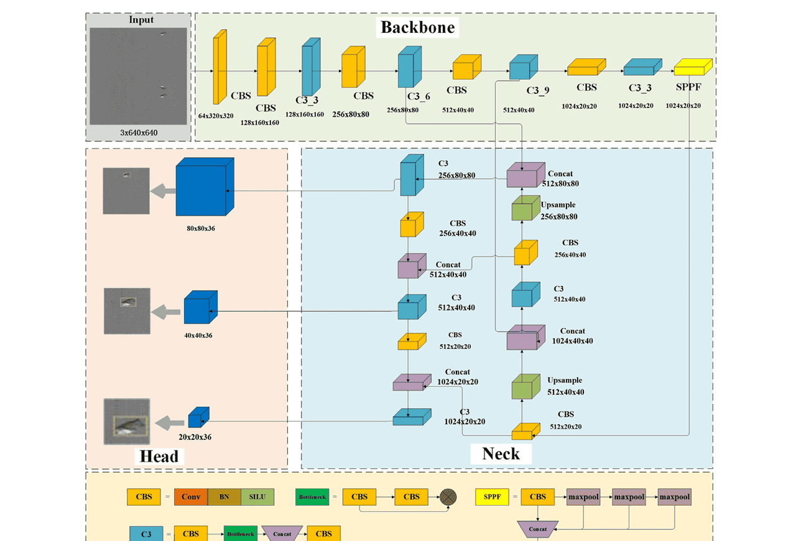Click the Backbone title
[x=417, y=27]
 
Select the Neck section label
[x=501, y=453]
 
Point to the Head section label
[x=159, y=457]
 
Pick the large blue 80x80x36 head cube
[x=203, y=186]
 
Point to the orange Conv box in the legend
[x=190, y=497]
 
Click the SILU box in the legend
[x=257, y=497]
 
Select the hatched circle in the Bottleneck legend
[x=448, y=497]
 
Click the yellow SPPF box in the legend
[x=491, y=497]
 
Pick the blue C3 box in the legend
[x=146, y=534]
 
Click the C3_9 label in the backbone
[x=538, y=91]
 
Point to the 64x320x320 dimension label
[x=216, y=116]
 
